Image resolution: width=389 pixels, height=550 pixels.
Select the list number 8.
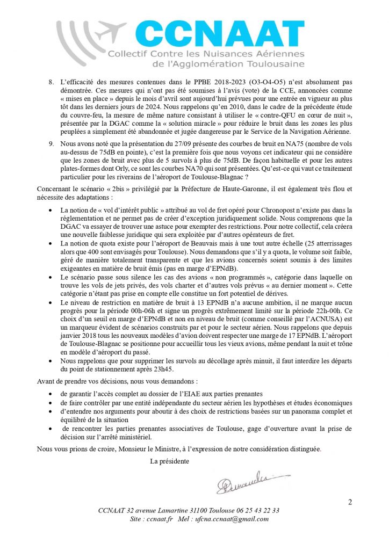click(51, 82)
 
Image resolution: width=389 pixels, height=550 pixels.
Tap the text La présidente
click(169, 460)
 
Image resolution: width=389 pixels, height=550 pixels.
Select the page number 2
click(350, 502)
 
